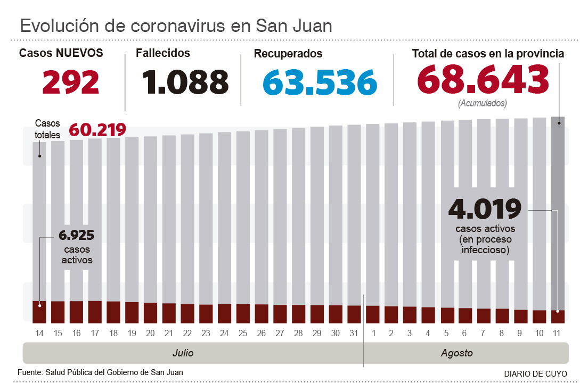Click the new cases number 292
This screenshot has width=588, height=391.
[x=71, y=82]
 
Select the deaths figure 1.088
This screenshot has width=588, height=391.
[x=185, y=82]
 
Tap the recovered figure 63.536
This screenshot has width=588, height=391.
[x=320, y=82]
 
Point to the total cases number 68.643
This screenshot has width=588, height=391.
[x=483, y=80]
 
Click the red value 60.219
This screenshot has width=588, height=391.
[x=97, y=129]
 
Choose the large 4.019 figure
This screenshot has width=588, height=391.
[x=485, y=209]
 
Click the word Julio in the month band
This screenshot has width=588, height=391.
[x=183, y=353]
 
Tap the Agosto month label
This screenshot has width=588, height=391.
[x=456, y=353]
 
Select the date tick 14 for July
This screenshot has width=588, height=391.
[x=39, y=333]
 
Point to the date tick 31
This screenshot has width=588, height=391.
[x=354, y=333]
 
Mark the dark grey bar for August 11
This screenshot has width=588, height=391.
[x=558, y=213]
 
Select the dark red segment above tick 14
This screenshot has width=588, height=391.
[x=39, y=312]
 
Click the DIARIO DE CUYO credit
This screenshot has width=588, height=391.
[x=535, y=373]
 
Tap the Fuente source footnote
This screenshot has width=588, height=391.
[x=100, y=372]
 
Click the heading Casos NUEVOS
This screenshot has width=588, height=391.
[x=61, y=53]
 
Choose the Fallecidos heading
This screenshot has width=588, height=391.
[x=162, y=53]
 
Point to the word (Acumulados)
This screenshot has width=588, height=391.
[x=482, y=104]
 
